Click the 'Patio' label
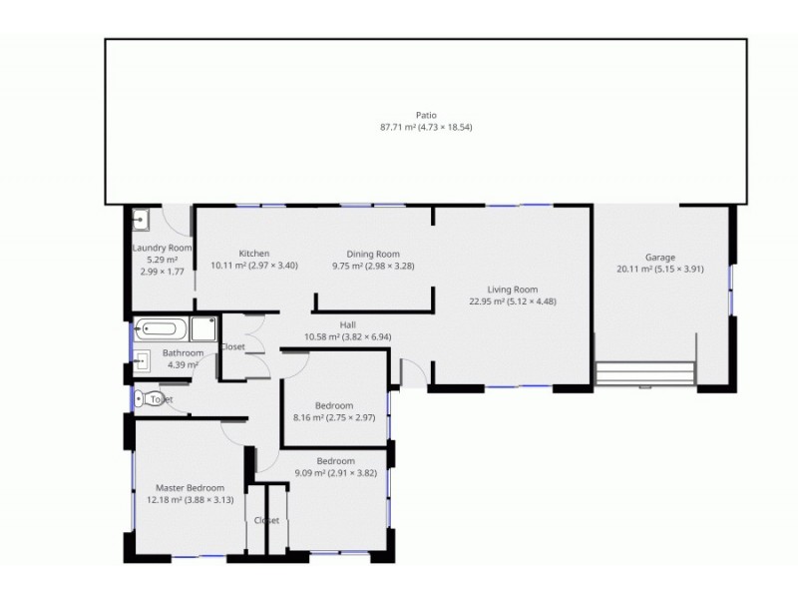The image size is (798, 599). point(426,115)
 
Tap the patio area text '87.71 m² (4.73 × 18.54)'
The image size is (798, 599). point(426,128)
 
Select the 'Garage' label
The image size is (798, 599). point(660,257)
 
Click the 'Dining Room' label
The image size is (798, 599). point(373,254)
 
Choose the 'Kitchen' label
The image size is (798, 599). point(254,254)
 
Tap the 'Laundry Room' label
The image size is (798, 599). point(163,248)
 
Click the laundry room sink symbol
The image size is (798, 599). point(142,219)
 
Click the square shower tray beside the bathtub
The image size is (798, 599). point(204,328)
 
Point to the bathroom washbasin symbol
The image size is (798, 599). point(143,360)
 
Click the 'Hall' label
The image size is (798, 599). point(348,324)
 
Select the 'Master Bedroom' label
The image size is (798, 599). point(191,487)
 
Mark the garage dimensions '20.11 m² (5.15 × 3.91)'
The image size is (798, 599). point(660,270)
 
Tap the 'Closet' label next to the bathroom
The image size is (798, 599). point(233,346)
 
